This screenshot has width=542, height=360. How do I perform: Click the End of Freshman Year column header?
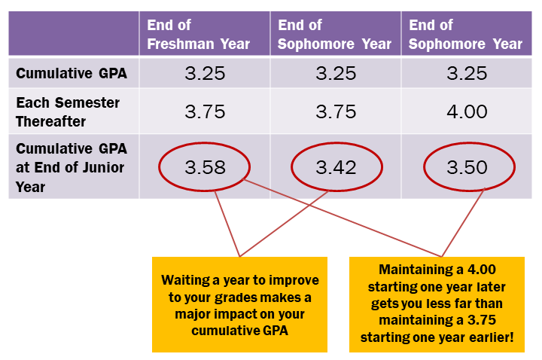click(198, 35)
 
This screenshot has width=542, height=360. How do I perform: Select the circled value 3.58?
click(205, 167)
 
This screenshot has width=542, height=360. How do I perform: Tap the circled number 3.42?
click(336, 167)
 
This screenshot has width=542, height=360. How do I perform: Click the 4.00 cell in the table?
click(467, 111)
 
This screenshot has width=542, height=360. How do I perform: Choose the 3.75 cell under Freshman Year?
click(205, 111)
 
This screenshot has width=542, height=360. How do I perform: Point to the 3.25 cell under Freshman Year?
click(205, 74)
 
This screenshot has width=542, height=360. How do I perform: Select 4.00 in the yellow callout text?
click(479, 270)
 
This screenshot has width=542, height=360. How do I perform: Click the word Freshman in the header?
click(180, 44)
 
